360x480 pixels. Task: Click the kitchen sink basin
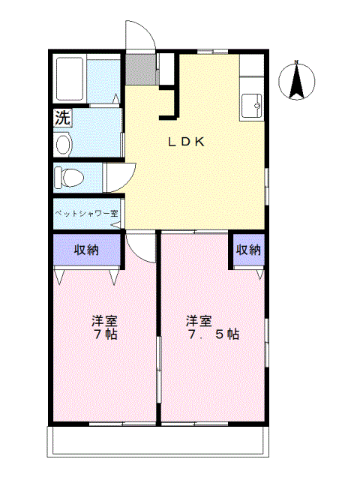(x=251, y=105)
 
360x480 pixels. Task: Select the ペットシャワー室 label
(x=85, y=213)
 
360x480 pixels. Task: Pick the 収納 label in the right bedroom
(x=248, y=250)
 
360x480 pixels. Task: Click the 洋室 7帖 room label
(x=104, y=328)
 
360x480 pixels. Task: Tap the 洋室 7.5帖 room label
(x=212, y=328)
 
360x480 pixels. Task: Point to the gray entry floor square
(x=139, y=69)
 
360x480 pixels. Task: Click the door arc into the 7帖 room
(x=138, y=244)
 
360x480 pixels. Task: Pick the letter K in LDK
(x=200, y=142)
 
